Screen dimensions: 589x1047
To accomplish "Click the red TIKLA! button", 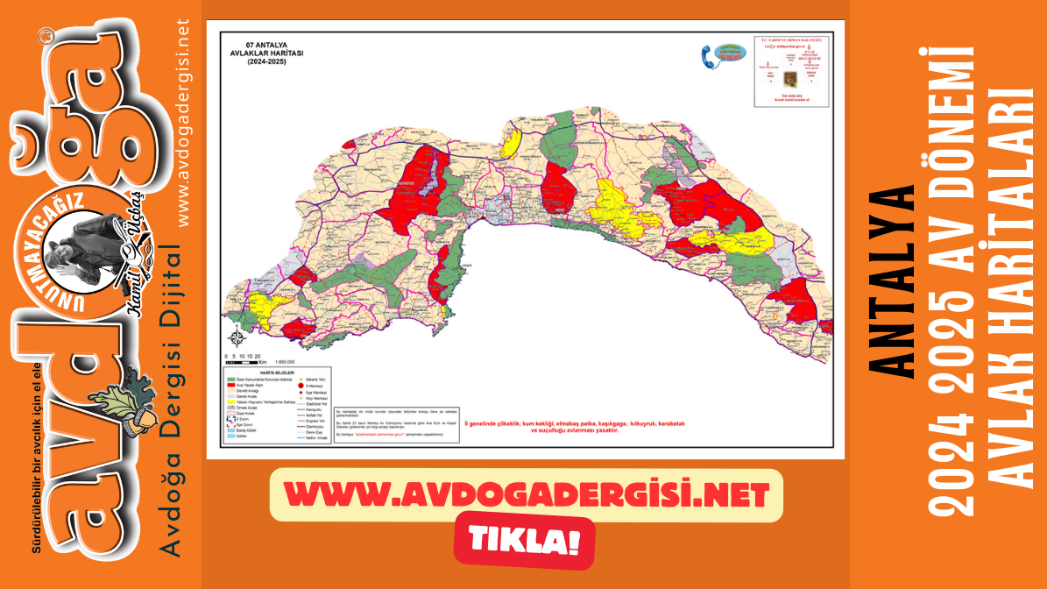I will tap(524, 538).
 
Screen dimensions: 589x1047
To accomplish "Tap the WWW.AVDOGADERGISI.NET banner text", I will tap(526, 496).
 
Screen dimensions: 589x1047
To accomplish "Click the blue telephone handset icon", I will tap(707, 56).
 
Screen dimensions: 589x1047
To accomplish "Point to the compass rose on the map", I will tap(236, 337).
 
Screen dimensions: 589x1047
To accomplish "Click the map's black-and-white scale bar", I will tap(242, 361).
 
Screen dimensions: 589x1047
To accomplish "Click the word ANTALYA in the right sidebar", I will tap(895, 280).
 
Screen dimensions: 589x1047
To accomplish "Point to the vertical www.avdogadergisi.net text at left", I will tap(183, 123).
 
